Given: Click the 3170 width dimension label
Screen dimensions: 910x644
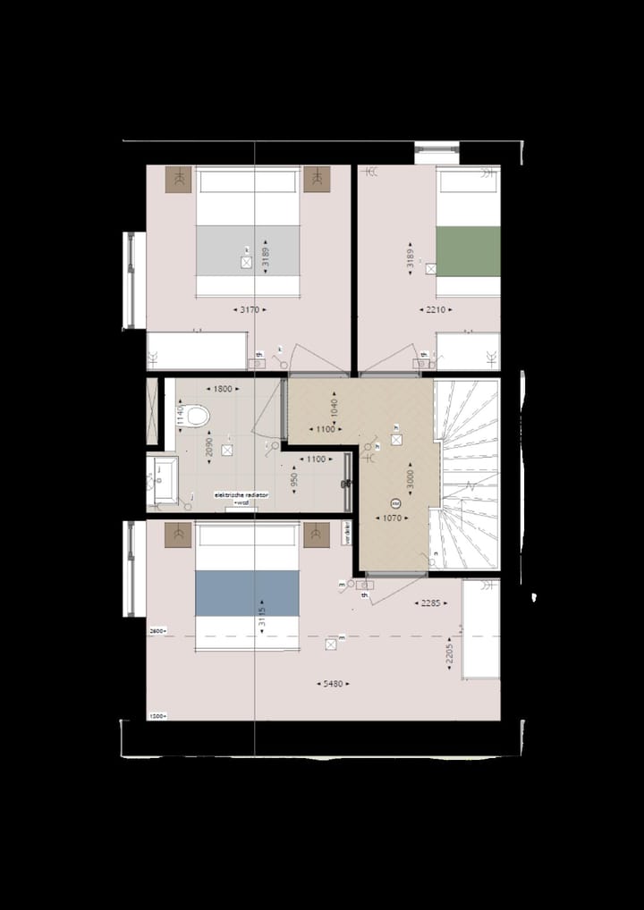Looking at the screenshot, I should click(250, 309).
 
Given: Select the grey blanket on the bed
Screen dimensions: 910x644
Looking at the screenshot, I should click(248, 250).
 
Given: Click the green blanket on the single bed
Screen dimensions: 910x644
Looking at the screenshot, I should click(468, 251).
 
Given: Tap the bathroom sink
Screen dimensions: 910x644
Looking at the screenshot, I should click(165, 474).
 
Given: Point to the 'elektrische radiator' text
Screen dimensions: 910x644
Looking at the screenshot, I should click(235, 494).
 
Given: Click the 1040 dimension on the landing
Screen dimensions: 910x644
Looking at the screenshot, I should click(335, 409).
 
